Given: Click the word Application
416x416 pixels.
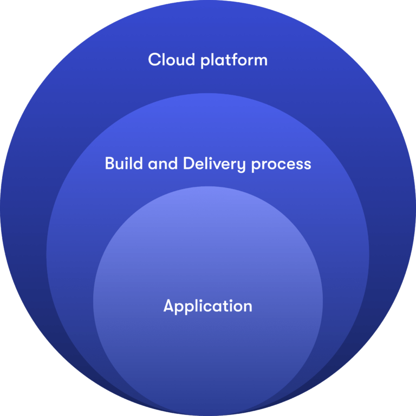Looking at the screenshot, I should click(x=208, y=307).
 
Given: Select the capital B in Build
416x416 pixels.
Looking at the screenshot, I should click(x=109, y=164).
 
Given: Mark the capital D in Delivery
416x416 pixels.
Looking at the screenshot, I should click(x=188, y=164).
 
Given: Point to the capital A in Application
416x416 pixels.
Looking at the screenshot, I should click(x=168, y=306).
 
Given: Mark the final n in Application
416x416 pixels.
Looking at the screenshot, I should click(x=247, y=307).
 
